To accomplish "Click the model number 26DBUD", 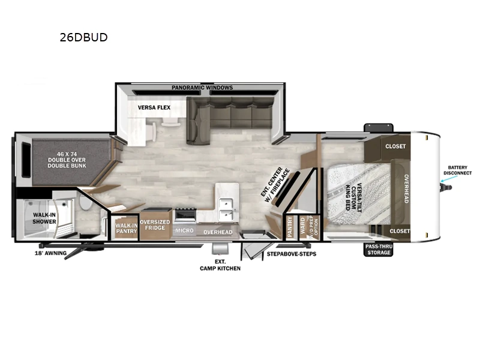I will click(83, 37).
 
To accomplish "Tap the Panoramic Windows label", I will click(202, 88).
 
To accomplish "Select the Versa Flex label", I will click(154, 107).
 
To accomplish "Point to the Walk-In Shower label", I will click(44, 218).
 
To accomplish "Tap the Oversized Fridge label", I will click(155, 225).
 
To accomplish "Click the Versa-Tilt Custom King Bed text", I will click(355, 197).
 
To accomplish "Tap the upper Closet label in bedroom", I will click(395, 146).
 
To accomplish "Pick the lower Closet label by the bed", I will click(400, 231).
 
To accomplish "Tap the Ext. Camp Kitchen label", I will click(220, 265).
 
